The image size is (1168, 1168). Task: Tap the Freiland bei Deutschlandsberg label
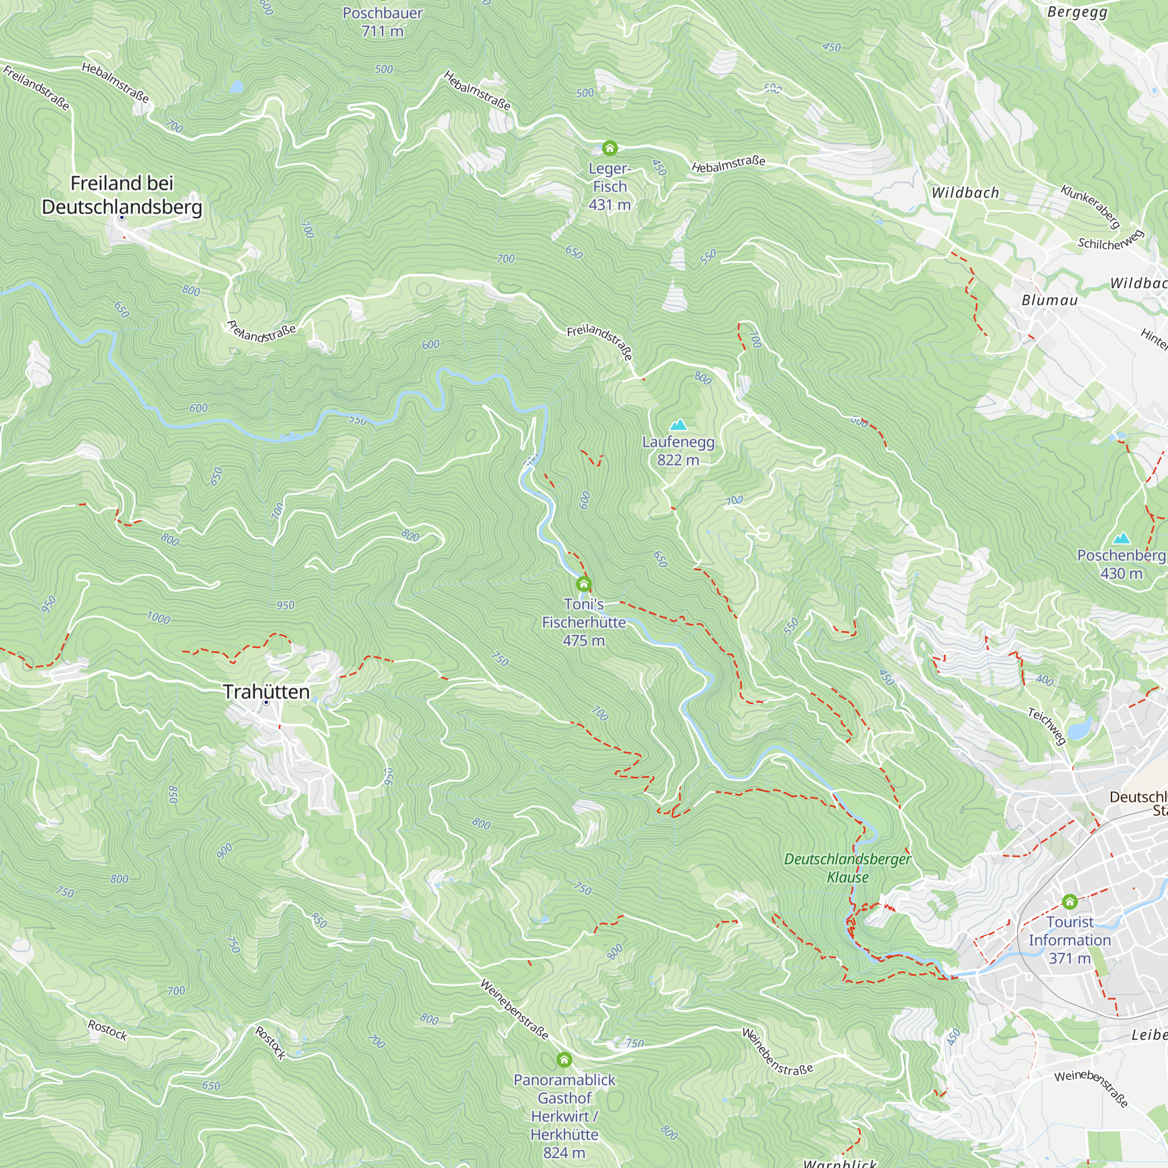click(121, 194)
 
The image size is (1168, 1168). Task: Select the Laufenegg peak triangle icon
click(678, 425)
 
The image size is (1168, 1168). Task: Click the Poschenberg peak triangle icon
click(1121, 537)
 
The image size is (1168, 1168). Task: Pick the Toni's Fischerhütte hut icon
click(583, 584)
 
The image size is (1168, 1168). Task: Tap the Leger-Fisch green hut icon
click(609, 148)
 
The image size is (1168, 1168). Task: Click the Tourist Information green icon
click(1069, 902)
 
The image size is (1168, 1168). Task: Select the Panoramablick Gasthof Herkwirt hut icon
click(564, 1060)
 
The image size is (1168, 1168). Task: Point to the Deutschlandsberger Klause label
click(847, 868)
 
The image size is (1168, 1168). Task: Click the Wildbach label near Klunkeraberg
click(965, 193)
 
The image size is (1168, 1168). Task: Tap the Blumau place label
click(1049, 300)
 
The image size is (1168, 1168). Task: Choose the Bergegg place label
click(1077, 12)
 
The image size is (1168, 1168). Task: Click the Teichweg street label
click(1047, 726)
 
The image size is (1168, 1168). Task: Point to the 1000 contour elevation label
click(158, 618)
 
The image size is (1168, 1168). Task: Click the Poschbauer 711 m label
click(382, 22)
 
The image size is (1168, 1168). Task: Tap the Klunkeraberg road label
click(1090, 206)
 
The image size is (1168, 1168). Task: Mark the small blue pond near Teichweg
click(1079, 728)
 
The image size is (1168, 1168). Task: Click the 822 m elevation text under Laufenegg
click(678, 460)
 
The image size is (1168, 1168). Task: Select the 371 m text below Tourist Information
click(1069, 958)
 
